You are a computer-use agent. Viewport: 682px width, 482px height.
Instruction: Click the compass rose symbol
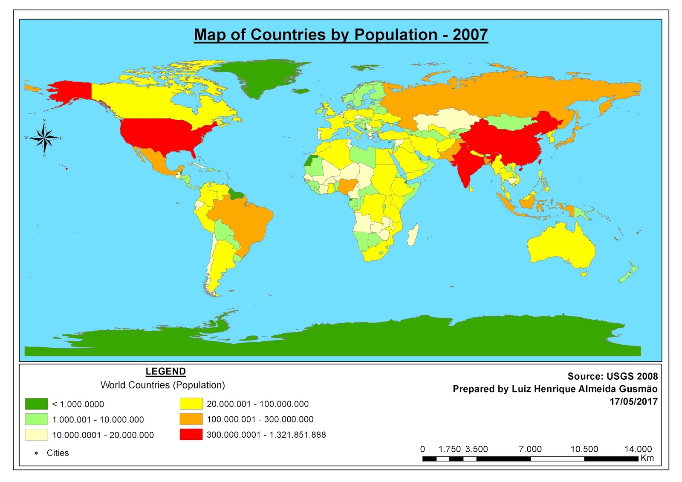44,138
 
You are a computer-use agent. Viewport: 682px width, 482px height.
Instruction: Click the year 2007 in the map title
470,35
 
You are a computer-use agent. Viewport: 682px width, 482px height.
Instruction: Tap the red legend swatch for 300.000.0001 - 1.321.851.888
191,434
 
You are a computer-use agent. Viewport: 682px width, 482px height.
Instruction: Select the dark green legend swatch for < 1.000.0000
36,404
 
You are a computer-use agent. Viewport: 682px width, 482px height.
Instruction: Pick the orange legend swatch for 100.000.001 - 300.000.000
191,419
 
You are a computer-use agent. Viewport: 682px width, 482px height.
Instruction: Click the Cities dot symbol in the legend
36,453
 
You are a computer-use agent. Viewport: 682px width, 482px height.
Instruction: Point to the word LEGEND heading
165,371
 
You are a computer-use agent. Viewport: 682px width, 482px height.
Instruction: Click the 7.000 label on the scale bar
530,449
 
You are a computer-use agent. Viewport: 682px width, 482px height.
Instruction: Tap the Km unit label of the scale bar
647,458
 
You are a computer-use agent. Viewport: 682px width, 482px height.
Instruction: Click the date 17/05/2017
633,401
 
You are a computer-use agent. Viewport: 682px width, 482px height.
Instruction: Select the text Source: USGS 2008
612,376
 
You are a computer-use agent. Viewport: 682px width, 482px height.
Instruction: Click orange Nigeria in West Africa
347,186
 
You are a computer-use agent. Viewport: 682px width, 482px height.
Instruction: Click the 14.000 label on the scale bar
638,449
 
